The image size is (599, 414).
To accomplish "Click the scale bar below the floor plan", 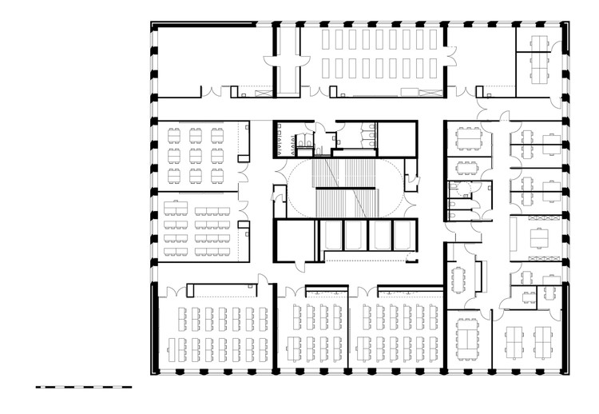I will tap(83, 386).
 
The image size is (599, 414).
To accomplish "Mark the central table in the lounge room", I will tap(539, 238).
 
